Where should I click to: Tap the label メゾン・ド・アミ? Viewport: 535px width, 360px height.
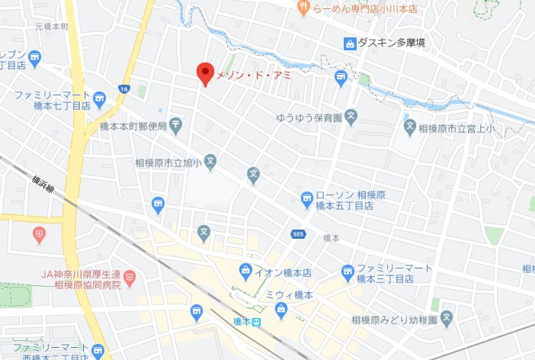tap(253, 75)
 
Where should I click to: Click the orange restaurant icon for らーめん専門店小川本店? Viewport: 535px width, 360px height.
tap(303, 8)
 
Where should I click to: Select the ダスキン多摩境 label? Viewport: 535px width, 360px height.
tap(391, 43)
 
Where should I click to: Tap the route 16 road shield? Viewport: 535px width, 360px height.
tap(123, 89)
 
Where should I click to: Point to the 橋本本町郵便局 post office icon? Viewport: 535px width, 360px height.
tap(176, 124)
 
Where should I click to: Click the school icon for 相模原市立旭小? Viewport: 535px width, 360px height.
tap(211, 161)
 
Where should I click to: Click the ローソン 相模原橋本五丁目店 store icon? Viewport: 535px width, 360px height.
tap(306, 198)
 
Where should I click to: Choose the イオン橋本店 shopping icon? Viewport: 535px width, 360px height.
tap(245, 269)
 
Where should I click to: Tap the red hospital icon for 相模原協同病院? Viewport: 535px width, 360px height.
tap(130, 275)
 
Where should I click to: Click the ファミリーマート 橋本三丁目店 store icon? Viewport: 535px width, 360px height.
tap(348, 270)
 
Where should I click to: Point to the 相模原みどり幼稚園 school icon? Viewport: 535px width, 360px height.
tap(447, 317)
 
